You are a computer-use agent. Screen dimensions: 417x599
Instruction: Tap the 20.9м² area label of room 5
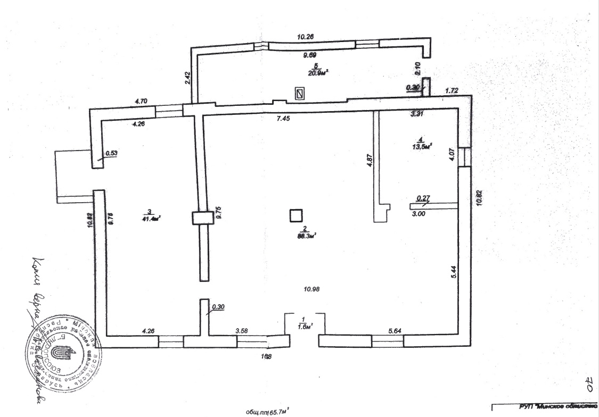[317, 73]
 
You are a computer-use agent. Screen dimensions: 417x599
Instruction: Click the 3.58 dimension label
[243, 331]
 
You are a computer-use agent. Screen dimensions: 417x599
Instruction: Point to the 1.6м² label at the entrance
[304, 324]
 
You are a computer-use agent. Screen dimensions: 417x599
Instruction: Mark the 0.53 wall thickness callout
[111, 153]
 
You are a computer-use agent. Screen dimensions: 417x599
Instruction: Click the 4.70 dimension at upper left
[142, 101]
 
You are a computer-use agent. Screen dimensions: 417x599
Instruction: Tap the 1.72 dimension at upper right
[452, 91]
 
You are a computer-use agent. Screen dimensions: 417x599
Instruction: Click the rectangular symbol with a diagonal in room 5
[300, 94]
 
